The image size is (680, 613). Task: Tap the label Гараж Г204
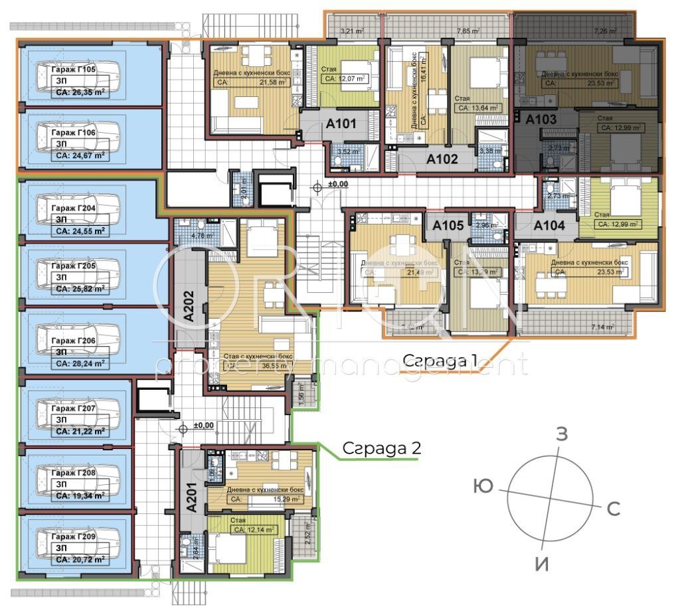click(74, 208)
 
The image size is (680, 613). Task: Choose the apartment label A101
click(341, 124)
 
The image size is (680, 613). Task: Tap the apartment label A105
click(448, 226)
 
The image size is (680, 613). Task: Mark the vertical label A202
click(189, 306)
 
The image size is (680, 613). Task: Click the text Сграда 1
click(440, 360)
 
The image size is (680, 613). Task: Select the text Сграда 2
click(381, 448)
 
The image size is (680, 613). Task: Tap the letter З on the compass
click(562, 435)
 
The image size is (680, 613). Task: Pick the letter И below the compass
click(543, 564)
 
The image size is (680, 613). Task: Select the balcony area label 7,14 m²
click(604, 327)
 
